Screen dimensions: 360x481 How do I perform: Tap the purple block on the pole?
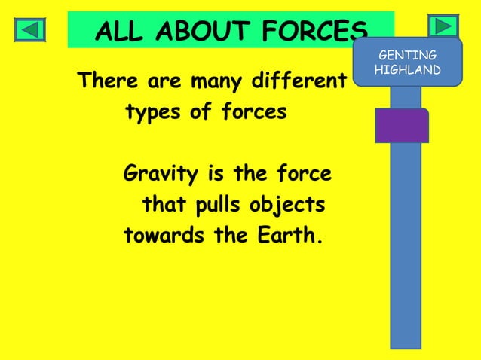402,126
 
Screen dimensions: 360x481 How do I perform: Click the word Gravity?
161,175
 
